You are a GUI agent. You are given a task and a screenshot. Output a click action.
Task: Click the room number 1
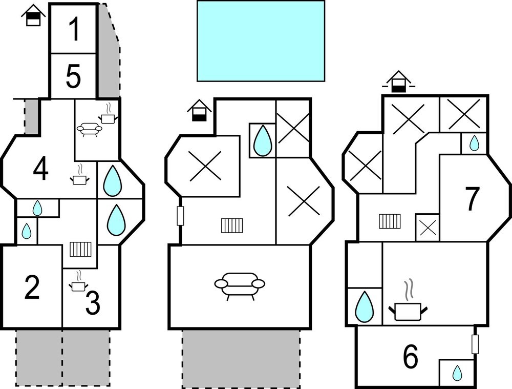[74, 29]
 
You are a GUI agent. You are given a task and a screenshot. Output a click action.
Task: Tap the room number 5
[73, 77]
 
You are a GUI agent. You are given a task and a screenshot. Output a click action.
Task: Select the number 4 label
[41, 169]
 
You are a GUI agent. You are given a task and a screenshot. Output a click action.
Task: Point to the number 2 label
[32, 288]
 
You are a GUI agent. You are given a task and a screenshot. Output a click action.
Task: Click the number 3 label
[93, 303]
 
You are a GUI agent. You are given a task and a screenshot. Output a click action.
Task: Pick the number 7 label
[472, 199]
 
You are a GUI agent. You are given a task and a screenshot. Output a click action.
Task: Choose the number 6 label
[411, 356]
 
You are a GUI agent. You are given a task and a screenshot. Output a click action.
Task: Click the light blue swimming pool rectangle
[261, 41]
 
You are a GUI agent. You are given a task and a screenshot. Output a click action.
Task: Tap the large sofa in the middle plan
[240, 286]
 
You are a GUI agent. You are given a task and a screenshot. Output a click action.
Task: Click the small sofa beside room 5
[89, 129]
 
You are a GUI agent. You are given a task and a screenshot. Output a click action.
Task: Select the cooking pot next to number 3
[78, 282]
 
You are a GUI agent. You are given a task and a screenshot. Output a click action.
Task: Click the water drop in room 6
[457, 373]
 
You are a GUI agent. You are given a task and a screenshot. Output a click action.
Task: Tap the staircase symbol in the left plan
[81, 249]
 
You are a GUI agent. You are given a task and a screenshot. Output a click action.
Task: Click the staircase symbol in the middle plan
[232, 226]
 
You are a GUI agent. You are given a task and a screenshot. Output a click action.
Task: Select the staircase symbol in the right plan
[390, 221]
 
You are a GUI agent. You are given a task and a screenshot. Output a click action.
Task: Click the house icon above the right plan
[398, 81]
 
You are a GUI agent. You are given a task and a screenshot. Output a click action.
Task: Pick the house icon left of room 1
[33, 15]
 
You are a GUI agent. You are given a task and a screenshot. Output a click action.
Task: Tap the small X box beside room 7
[428, 228]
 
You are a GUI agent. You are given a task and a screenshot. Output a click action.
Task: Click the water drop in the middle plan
[263, 140]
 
